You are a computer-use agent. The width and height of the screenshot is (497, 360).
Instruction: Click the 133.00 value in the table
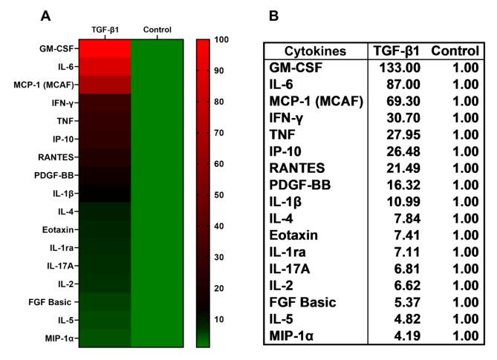[x=402, y=66]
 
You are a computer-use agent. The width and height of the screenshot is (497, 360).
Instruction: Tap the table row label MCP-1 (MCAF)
[x=316, y=101]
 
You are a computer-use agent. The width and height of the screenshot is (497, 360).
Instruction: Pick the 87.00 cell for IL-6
[x=405, y=83]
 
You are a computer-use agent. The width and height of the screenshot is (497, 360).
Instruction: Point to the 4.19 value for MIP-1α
[x=408, y=336]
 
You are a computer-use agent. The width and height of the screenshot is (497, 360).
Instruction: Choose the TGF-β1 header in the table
[x=397, y=50]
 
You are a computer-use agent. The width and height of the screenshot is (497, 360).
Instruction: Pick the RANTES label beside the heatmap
[x=58, y=157]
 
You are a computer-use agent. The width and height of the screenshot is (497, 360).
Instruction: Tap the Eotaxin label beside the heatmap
[x=58, y=229]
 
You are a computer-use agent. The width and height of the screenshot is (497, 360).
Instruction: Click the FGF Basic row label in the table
[x=303, y=302]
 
